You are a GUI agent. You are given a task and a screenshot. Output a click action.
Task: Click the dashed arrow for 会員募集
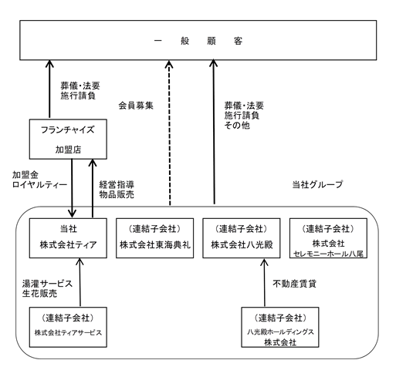pos(169,133)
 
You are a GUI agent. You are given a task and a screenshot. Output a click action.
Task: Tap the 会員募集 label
pos(136,106)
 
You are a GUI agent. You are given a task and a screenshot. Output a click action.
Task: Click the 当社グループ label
pos(317,184)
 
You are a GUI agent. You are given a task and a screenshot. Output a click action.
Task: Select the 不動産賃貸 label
pos(294,284)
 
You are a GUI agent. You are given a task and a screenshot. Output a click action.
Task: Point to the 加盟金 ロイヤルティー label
pos(39,180)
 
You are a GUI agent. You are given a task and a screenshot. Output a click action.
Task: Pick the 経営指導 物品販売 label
pos(117,190)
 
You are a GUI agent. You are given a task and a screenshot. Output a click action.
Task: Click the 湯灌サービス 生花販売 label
pos(47,288)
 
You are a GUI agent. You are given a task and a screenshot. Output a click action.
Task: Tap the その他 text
pos(237,126)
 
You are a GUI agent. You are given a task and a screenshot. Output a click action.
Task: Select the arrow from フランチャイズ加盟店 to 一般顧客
pos(49,89)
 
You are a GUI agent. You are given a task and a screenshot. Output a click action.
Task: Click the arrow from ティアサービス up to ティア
pos(80,282)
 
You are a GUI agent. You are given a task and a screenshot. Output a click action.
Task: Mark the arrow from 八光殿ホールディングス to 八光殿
pos(264,282)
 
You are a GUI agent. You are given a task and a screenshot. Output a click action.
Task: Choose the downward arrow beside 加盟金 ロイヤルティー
pos(72,188)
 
